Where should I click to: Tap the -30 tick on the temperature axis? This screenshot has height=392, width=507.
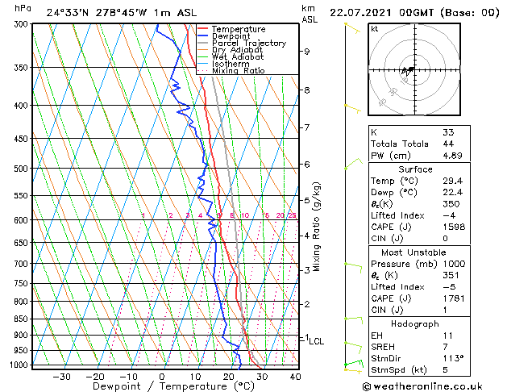pyautogui.click(x=61, y=376)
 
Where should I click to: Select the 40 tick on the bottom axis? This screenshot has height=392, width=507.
pyautogui.click(x=295, y=376)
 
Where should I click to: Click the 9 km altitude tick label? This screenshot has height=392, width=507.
pyautogui.click(x=307, y=52)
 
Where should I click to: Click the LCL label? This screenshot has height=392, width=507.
pyautogui.click(x=316, y=341)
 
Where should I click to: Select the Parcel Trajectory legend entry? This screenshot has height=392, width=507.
pyautogui.click(x=248, y=44)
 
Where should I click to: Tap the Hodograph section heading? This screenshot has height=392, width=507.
pyautogui.click(x=416, y=323)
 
